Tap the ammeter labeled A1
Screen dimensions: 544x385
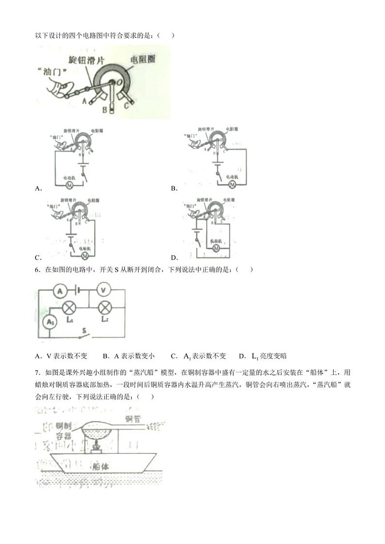point(49,321)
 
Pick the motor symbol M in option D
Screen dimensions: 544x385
point(217,248)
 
